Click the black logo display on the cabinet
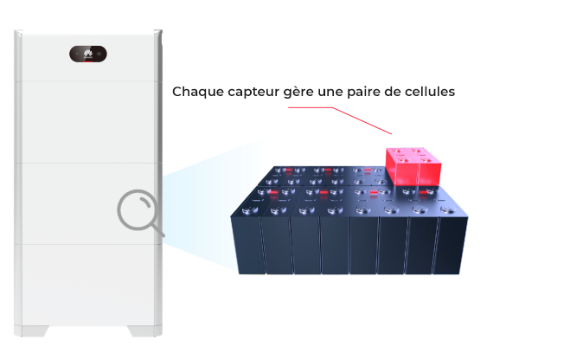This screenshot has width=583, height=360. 88,54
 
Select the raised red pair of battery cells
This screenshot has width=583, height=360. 413,166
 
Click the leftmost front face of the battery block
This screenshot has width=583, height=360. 248,246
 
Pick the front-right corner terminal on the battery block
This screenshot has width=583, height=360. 448,209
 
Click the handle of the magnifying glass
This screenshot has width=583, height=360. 158,229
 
